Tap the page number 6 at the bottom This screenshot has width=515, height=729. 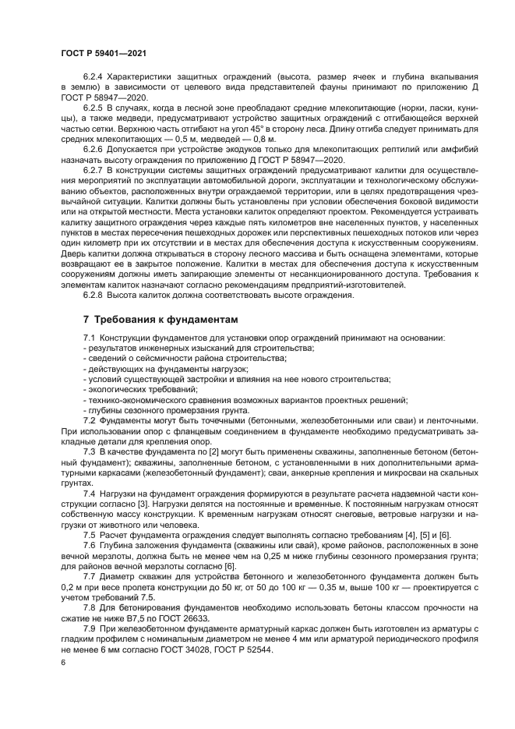(x=62, y=661)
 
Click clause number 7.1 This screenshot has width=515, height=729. (x=89, y=337)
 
